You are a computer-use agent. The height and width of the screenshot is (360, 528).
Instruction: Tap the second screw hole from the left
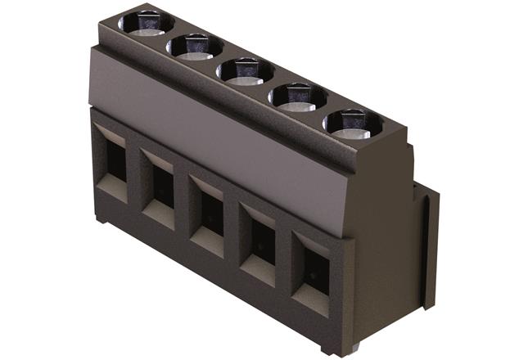(195, 46)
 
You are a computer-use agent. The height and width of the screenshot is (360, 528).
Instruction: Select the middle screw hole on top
(245, 71)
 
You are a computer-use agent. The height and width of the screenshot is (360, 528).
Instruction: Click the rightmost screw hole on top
(352, 124)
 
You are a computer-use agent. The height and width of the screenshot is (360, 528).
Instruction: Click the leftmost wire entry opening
(113, 160)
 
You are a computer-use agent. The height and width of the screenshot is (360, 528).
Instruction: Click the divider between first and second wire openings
(135, 175)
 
